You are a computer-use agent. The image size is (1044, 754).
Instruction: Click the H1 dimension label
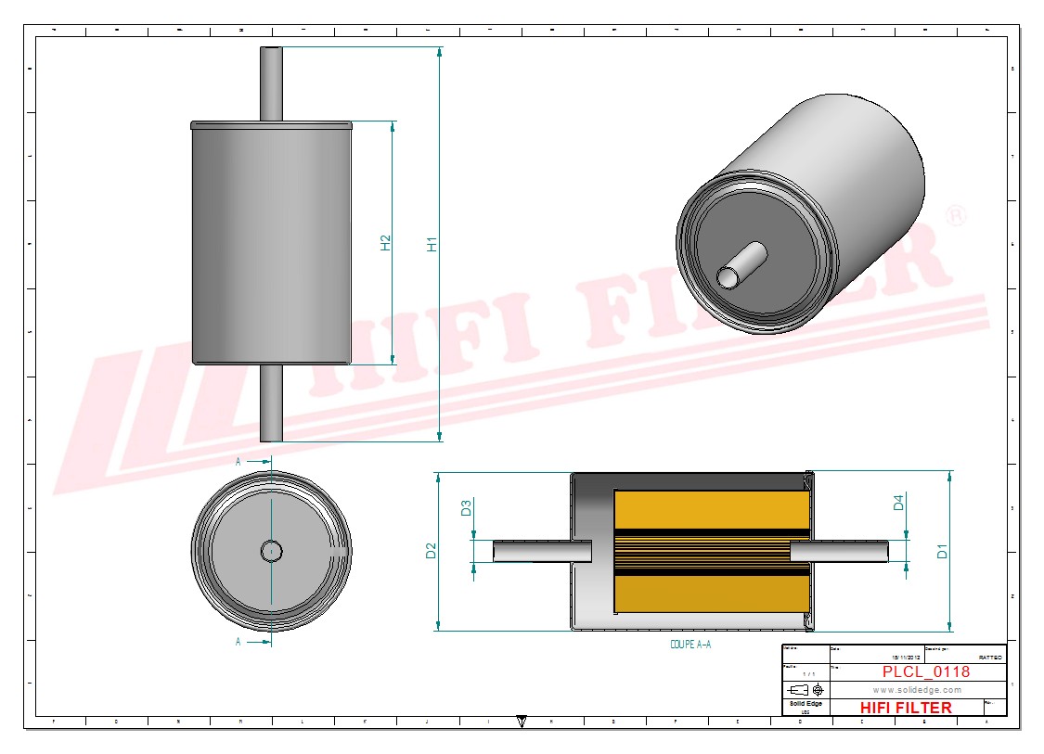click(x=432, y=245)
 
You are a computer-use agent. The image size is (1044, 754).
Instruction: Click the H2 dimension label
click(x=386, y=243)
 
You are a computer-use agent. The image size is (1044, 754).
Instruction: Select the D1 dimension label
click(x=943, y=551)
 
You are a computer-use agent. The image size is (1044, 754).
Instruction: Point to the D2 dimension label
click(x=432, y=551)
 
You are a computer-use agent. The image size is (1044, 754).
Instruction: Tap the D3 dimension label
click(x=467, y=508)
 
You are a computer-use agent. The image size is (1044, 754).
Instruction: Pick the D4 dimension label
click(x=898, y=503)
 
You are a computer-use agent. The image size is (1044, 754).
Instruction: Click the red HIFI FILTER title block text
click(x=906, y=708)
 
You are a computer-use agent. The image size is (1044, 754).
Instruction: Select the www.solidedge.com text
click(x=917, y=690)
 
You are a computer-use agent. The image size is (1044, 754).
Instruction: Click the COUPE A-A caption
click(x=690, y=644)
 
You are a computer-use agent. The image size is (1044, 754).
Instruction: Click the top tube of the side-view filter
click(x=271, y=83)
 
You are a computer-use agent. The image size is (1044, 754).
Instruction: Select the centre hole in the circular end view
click(x=271, y=551)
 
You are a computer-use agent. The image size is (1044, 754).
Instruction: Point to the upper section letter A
click(x=238, y=461)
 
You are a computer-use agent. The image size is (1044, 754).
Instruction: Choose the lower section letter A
click(x=238, y=641)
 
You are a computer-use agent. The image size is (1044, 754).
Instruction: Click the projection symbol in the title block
click(x=805, y=690)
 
